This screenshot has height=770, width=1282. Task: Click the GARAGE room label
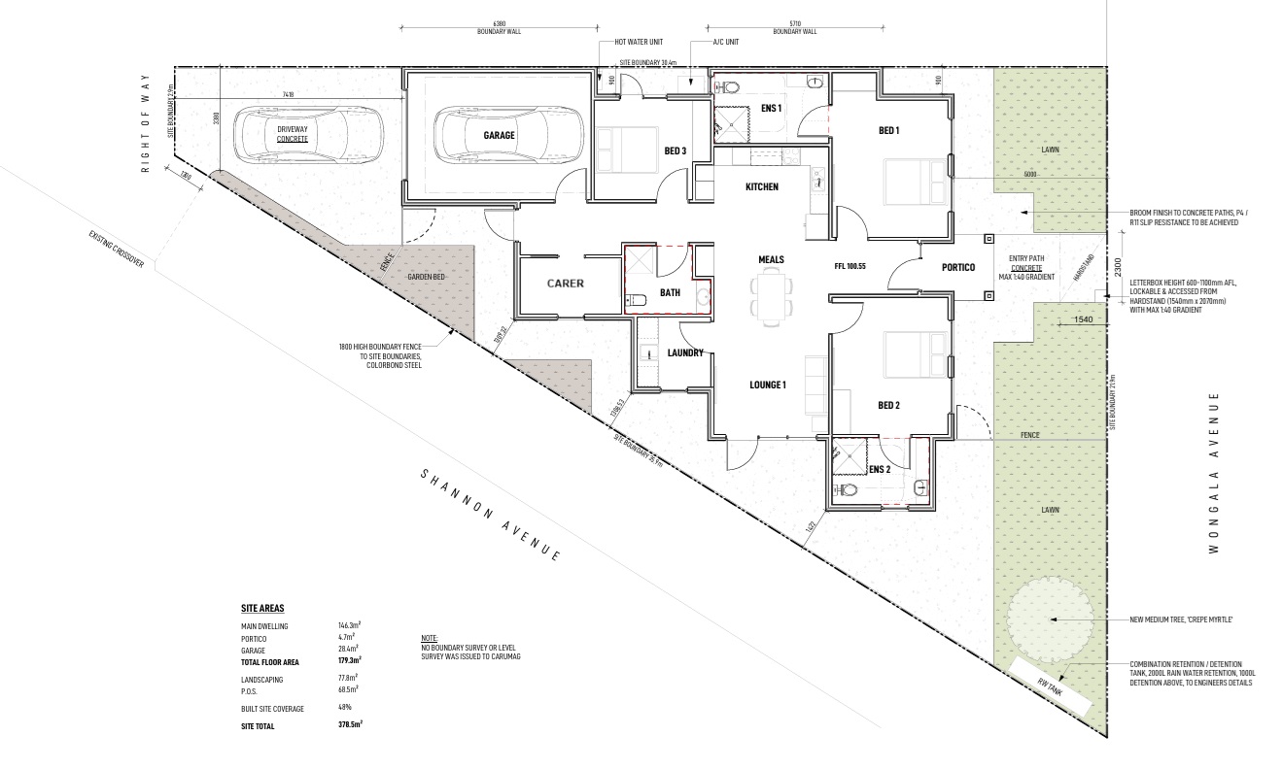[x=500, y=136]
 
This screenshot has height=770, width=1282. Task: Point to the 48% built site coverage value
[x=345, y=708]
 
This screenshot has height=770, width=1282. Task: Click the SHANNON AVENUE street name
[x=491, y=516]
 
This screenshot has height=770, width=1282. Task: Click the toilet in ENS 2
[x=848, y=490]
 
